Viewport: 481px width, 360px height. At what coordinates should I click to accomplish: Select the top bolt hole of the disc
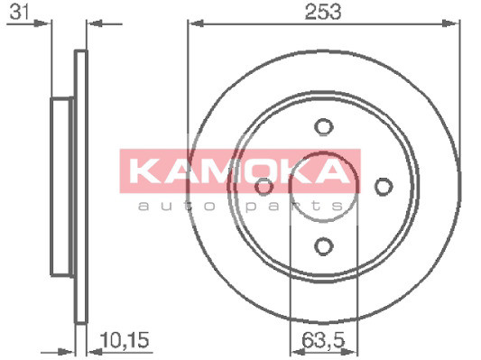click(322, 127)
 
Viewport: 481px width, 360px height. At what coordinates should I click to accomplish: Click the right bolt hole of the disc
click(384, 186)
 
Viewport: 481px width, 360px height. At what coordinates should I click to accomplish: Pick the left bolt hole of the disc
click(264, 187)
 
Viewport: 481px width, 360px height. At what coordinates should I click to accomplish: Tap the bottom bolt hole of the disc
click(323, 245)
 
